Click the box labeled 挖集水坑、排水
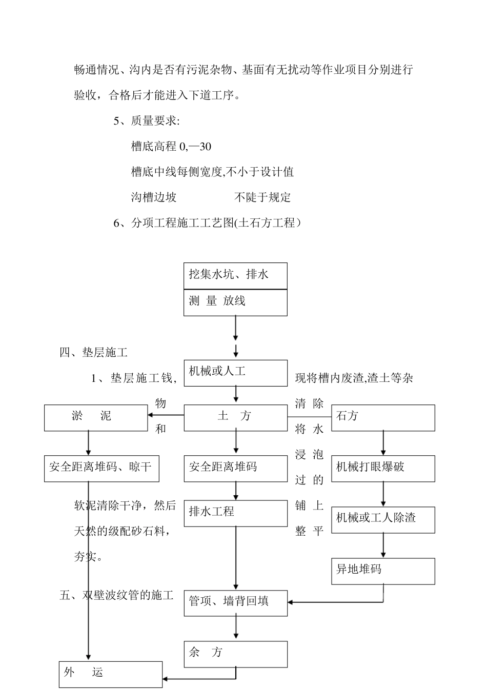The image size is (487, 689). coord(235,276)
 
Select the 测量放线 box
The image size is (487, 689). coord(235,302)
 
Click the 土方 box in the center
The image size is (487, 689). coord(235,417)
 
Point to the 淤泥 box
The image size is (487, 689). coord(96,417)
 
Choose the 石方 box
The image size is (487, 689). coord(383,417)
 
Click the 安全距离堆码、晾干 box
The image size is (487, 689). coord(102,468)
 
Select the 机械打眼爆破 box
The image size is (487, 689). coord(383,468)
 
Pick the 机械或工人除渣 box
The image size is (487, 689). coord(383,519)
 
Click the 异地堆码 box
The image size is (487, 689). coord(383,571)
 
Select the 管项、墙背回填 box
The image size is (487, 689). coord(235,602)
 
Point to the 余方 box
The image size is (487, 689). coord(235,654)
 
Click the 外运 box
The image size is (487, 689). coord(110,674)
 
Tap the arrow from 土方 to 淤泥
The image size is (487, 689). coord(166,415)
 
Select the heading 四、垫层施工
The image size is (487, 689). coord(93,353)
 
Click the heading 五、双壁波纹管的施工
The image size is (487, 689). coord(116,595)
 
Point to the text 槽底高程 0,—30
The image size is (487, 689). coord(171,147)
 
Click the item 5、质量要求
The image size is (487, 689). coord(147,121)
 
